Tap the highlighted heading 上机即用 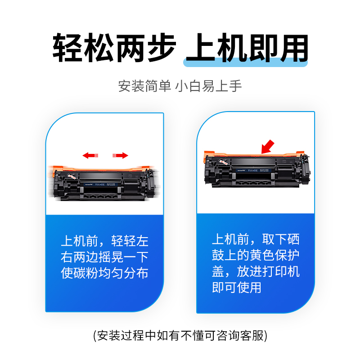point(247,48)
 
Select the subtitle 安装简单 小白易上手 point(180,85)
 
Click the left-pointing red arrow point(90,155)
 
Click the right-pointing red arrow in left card point(120,155)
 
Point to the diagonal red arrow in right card point(268,146)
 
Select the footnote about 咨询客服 point(180,335)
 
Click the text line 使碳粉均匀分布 point(104,273)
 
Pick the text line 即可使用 point(236,288)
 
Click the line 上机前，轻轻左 point(104,241)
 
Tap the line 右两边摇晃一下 point(104,257)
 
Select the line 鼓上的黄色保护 point(256,255)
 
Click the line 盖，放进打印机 point(256,271)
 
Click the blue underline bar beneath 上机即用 point(247,64)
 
